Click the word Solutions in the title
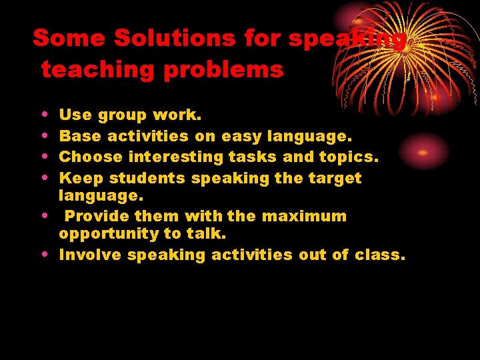point(174,39)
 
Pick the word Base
point(81,136)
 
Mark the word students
point(147,178)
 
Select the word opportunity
point(108,235)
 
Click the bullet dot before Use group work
point(43,115)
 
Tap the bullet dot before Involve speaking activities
point(43,254)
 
